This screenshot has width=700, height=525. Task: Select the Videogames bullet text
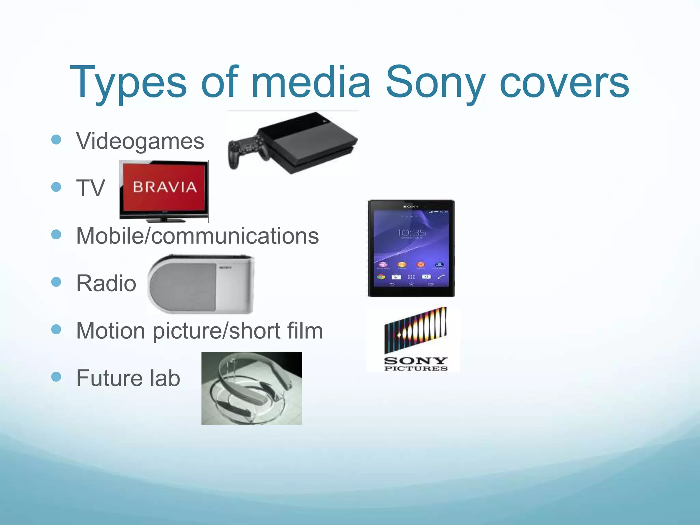pos(140,141)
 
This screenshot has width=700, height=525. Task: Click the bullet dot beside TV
pos(56,187)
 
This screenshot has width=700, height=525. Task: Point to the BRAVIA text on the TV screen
pos(165,187)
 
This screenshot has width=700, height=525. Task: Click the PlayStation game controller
pos(246,150)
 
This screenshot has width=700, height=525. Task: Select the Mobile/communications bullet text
pos(198,236)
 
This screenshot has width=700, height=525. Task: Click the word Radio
pos(106,283)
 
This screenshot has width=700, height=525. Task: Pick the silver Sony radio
pos(201,284)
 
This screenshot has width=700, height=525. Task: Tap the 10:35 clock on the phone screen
pos(412,233)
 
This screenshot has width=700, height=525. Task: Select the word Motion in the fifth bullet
pos(111,331)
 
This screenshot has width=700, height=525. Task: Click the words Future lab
pos(128,378)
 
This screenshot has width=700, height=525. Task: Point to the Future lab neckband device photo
pos(252,388)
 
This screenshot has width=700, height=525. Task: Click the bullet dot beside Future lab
pos(56,377)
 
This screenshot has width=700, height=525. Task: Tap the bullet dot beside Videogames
pos(56,139)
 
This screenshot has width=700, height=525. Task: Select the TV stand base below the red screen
pos(164,219)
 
